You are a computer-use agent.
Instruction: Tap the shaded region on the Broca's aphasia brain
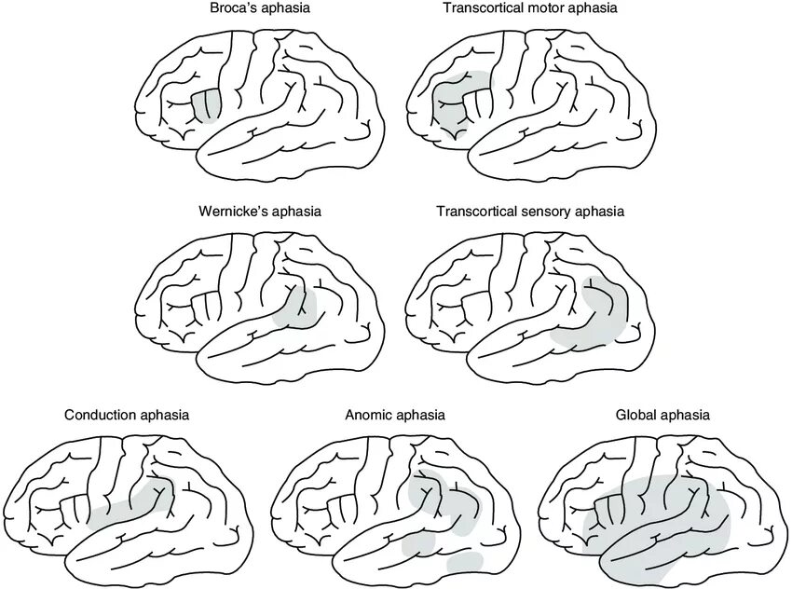tap(206, 105)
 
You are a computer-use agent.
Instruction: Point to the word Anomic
tap(369, 414)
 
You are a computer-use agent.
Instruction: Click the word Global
tap(636, 414)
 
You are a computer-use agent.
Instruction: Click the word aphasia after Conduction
tap(165, 414)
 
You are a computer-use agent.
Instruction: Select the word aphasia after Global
tap(685, 414)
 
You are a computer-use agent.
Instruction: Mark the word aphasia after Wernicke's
tap(296, 212)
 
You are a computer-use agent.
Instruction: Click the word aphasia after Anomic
tap(419, 414)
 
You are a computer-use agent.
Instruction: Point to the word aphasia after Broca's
tap(286, 8)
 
